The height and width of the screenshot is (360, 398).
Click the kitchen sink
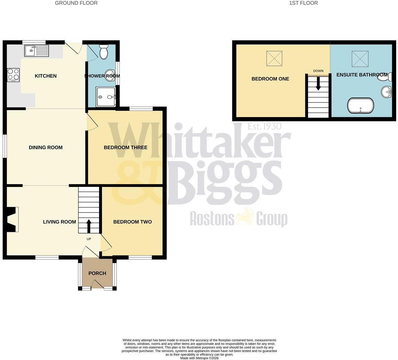(x=37, y=51)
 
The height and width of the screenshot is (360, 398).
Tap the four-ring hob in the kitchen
(x=13, y=75)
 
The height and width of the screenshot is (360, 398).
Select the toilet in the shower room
(x=104, y=52)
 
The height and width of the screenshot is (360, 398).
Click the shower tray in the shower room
(x=106, y=97)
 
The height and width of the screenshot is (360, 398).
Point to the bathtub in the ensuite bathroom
(x=361, y=105)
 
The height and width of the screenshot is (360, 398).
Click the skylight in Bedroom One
(x=274, y=58)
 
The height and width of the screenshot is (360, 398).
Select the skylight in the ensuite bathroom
(x=360, y=59)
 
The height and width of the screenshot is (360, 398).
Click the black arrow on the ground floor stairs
(x=89, y=226)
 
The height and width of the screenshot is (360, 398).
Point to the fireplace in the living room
(x=13, y=220)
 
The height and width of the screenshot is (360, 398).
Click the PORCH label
(x=97, y=273)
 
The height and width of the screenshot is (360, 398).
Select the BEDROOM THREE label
(x=126, y=147)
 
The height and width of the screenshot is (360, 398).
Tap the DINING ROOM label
(x=46, y=147)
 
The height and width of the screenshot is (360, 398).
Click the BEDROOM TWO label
(x=132, y=222)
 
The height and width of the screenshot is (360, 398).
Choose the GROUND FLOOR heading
(x=76, y=3)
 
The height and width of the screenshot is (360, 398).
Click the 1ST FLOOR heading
(x=303, y=3)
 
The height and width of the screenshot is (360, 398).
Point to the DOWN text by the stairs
(x=318, y=71)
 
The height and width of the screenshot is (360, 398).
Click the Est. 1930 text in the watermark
(x=265, y=126)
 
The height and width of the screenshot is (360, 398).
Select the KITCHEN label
(x=46, y=76)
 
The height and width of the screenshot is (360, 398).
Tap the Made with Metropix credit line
(x=199, y=358)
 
